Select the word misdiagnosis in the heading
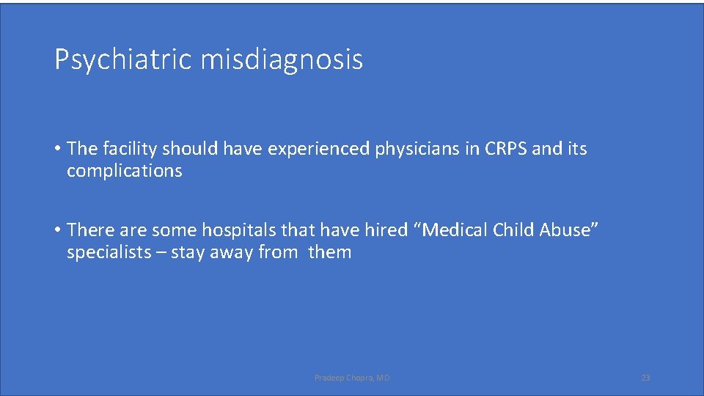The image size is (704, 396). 282,59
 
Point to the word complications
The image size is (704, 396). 124,171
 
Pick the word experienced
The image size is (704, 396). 319,149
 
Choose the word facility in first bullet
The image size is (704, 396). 129,149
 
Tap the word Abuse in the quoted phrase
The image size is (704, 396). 570,230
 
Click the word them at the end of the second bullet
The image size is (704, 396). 330,253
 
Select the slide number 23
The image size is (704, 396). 645,378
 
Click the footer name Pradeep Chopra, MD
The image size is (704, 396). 352,378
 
